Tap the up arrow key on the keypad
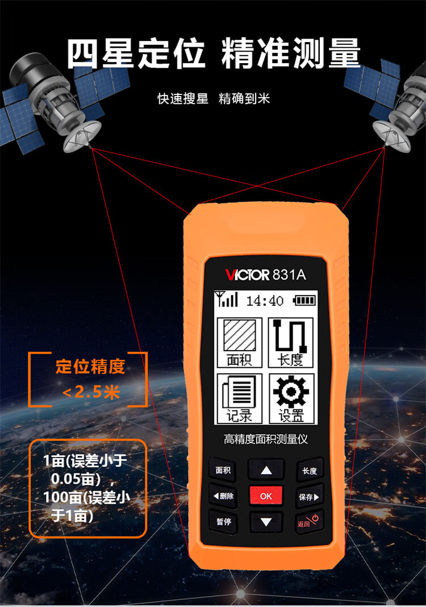[x=266, y=470]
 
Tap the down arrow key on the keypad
[x=266, y=522]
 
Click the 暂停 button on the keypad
[x=223, y=521]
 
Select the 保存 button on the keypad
[x=309, y=497]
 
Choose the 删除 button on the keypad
[x=223, y=496]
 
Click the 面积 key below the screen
[x=223, y=470]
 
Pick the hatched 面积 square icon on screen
[x=240, y=335]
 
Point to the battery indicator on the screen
[x=304, y=301]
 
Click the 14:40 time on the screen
[x=265, y=301]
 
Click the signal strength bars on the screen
[x=227, y=299]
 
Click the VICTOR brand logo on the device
[x=247, y=275]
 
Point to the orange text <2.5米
[x=91, y=393]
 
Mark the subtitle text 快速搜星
[x=183, y=99]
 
